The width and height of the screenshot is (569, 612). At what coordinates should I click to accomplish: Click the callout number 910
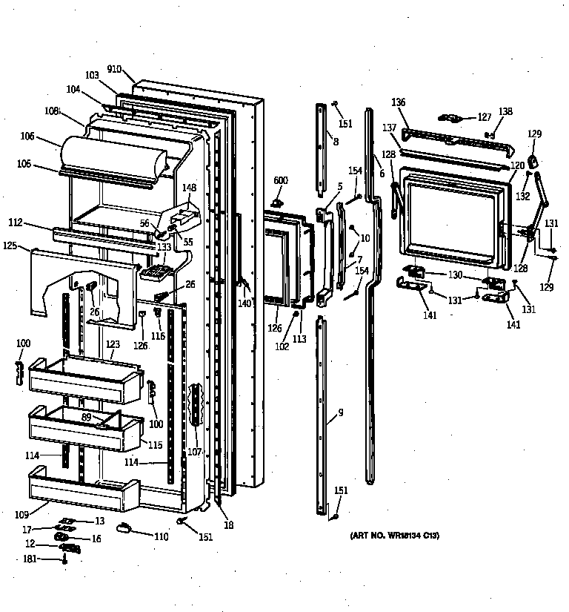pos(114,69)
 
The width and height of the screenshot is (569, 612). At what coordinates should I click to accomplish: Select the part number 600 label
pos(280,181)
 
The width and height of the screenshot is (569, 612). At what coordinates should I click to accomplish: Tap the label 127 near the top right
pos(484,116)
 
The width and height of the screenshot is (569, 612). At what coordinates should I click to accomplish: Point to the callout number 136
pos(399,102)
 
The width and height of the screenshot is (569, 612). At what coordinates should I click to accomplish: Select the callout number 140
pos(244,303)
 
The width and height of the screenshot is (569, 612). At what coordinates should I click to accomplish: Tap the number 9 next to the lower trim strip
pos(341,412)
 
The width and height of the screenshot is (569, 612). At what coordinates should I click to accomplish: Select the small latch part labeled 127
pos(452,117)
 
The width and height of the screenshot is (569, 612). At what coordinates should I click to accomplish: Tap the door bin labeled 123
pos(84,375)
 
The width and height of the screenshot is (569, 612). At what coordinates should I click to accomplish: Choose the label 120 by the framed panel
pos(516,165)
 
